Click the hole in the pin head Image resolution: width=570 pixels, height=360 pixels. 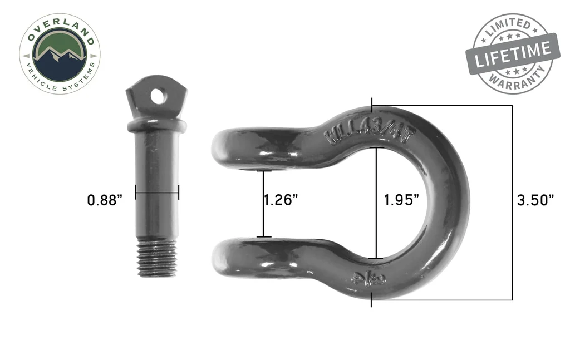pyautogui.click(x=158, y=96)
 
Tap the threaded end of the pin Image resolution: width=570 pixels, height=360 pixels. pyautogui.click(x=156, y=258)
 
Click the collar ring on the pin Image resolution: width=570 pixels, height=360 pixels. pyautogui.click(x=156, y=124)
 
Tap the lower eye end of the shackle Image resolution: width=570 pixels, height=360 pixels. pyautogui.click(x=234, y=257)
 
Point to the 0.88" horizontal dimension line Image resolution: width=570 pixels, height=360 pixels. pyautogui.click(x=156, y=193)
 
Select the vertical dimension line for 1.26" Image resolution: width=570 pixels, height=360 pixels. pyautogui.click(x=264, y=204)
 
